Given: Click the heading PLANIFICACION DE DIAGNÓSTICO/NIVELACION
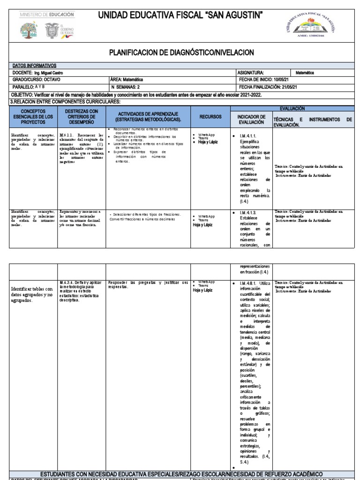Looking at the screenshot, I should (x=181, y=52).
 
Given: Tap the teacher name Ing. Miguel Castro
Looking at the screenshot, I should (x=45, y=73).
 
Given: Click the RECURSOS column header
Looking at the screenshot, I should (x=210, y=116).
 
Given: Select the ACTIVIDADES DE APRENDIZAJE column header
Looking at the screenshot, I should (x=148, y=117).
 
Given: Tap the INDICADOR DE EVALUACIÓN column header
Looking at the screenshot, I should (x=251, y=120).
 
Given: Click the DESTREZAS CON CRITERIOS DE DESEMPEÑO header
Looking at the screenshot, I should (x=82, y=117).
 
